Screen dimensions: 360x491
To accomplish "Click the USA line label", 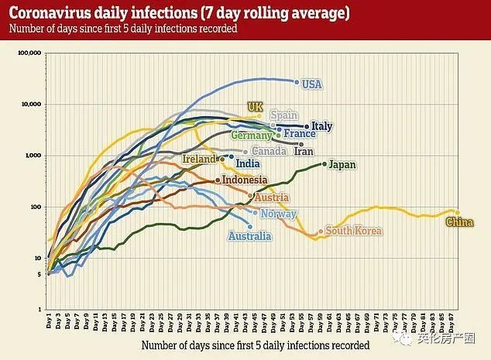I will click(x=311, y=84).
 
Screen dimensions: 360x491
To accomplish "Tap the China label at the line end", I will click(x=460, y=224).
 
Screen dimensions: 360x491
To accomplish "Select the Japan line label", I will click(x=342, y=164).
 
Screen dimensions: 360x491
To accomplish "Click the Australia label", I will click(x=249, y=236).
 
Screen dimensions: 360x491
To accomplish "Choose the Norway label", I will click(x=278, y=214).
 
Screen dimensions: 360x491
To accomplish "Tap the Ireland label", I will click(x=199, y=159).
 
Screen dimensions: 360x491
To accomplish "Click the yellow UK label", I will click(x=255, y=107).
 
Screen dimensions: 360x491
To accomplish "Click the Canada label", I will click(x=270, y=152).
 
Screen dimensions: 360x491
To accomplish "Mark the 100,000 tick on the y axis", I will click(x=29, y=53).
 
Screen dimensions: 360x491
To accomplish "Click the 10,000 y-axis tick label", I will click(x=30, y=105).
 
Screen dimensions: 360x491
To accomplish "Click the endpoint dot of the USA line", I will click(x=297, y=81).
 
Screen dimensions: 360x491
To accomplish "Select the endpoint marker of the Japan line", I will click(x=324, y=164).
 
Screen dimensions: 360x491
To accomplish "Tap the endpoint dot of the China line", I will click(x=457, y=213).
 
